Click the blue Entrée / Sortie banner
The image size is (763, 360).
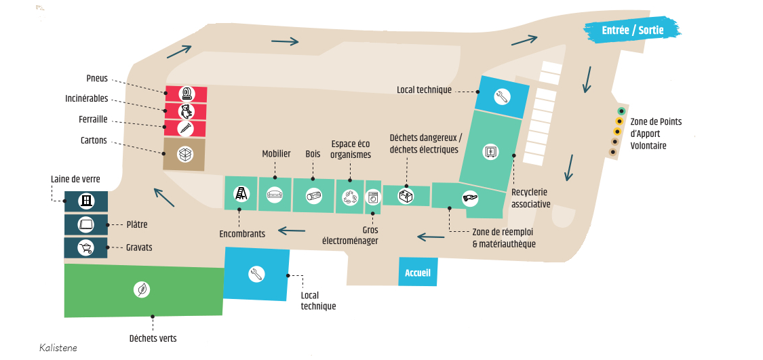tap(632, 30)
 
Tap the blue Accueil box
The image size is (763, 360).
tap(418, 273)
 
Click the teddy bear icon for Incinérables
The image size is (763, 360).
tap(186, 111)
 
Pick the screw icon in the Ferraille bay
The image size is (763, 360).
tap(185, 128)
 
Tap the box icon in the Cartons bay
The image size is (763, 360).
tap(185, 154)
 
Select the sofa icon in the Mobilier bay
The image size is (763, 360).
tap(275, 195)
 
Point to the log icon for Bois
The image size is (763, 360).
tap(314, 195)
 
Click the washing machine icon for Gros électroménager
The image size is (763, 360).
tap(373, 198)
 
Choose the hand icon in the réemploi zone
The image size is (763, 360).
tap(470, 198)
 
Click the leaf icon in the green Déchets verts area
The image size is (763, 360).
tap(142, 290)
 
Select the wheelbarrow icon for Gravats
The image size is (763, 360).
tap(85, 248)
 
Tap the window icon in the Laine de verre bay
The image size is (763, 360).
tap(86, 201)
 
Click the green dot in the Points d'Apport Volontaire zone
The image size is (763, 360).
tap(621, 111)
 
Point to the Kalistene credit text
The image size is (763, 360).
tap(58, 348)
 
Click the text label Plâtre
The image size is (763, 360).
tap(137, 225)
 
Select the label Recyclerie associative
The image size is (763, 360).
tap(531, 198)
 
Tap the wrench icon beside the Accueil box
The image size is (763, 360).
tap(256, 274)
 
